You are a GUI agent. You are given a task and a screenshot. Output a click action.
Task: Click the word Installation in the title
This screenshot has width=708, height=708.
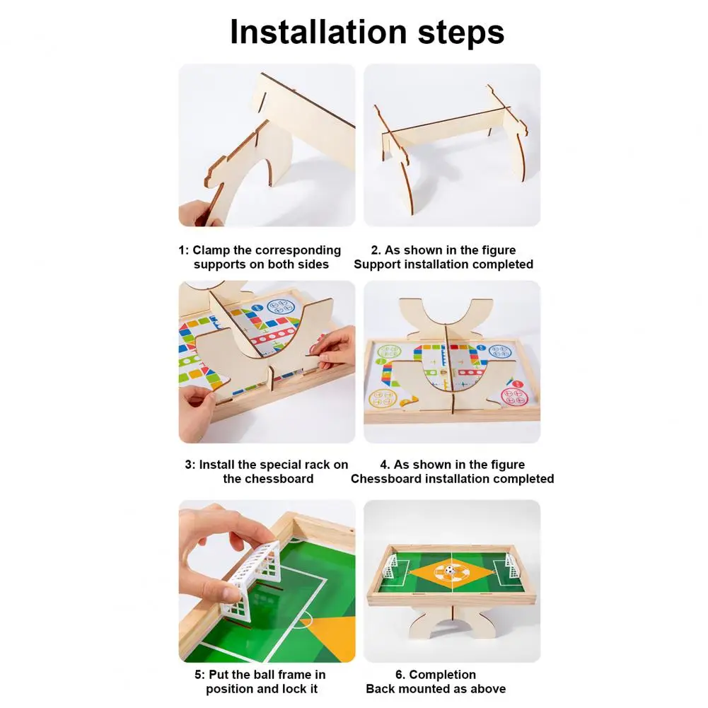[x=318, y=32]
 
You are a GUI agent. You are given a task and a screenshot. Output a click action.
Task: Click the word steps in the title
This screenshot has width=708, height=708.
[x=460, y=33]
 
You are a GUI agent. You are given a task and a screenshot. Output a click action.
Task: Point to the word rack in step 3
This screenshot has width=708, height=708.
[x=318, y=465]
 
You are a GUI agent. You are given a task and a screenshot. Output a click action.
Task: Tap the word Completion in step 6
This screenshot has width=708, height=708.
[x=442, y=675]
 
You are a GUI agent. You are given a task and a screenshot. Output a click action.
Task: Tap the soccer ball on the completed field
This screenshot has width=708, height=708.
[x=448, y=570]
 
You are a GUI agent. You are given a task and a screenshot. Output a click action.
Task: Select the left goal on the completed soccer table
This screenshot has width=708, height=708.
[x=392, y=566]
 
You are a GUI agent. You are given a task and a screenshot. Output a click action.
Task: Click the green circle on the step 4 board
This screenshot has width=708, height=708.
[x=389, y=352]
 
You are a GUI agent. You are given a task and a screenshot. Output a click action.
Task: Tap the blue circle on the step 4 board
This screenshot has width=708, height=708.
[x=500, y=352]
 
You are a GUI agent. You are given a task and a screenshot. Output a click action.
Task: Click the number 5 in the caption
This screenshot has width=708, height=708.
[x=198, y=675]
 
